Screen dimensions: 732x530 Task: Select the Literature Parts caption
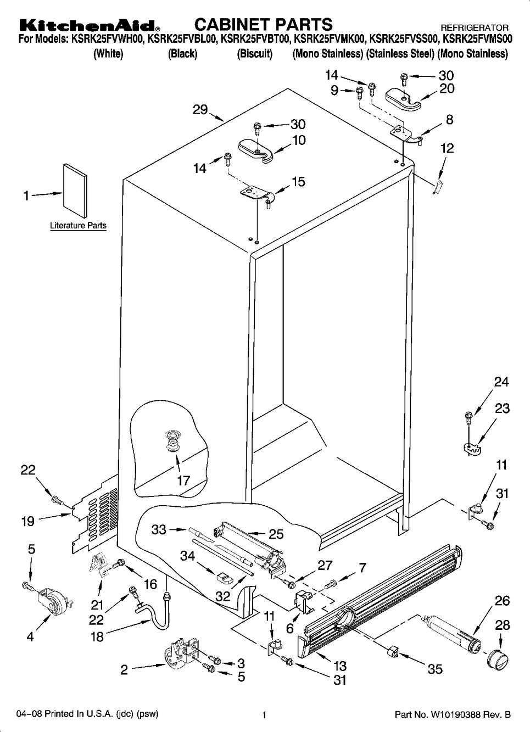(78, 226)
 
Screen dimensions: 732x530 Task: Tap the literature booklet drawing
(75, 187)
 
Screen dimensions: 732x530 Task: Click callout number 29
(199, 109)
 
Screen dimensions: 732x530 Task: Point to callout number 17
(183, 480)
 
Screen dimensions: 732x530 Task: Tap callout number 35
(435, 670)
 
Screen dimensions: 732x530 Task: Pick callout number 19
(28, 521)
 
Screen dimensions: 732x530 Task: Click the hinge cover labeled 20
(402, 97)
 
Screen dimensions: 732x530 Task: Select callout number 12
(447, 148)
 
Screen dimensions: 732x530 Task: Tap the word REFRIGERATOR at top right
(475, 27)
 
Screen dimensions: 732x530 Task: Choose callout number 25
(276, 534)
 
